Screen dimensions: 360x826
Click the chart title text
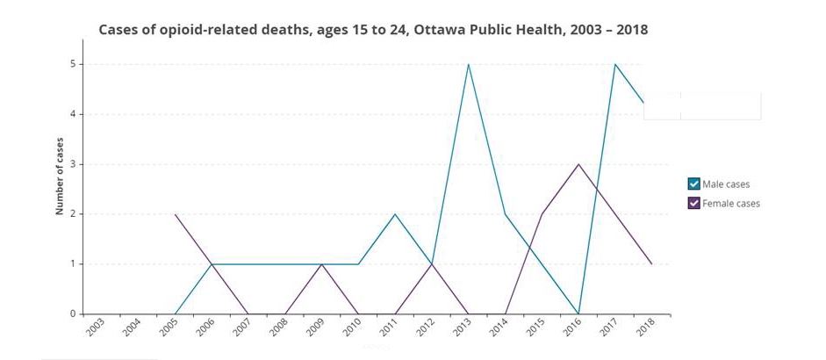point(372,30)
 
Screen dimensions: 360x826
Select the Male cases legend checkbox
point(693,184)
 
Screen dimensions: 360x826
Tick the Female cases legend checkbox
point(693,203)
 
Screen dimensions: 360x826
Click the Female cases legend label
point(731,203)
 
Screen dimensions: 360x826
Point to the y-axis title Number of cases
point(60,176)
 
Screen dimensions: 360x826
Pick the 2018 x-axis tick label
point(645,329)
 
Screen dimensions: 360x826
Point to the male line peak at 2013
point(469,64)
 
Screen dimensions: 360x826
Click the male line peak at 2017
point(615,64)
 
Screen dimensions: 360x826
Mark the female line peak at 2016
point(578,164)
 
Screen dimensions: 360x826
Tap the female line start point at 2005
point(176,214)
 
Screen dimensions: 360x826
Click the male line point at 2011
point(395,214)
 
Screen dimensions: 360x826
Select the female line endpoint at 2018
point(652,263)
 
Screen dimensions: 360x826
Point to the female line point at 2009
point(322,263)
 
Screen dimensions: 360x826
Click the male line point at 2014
point(506,214)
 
